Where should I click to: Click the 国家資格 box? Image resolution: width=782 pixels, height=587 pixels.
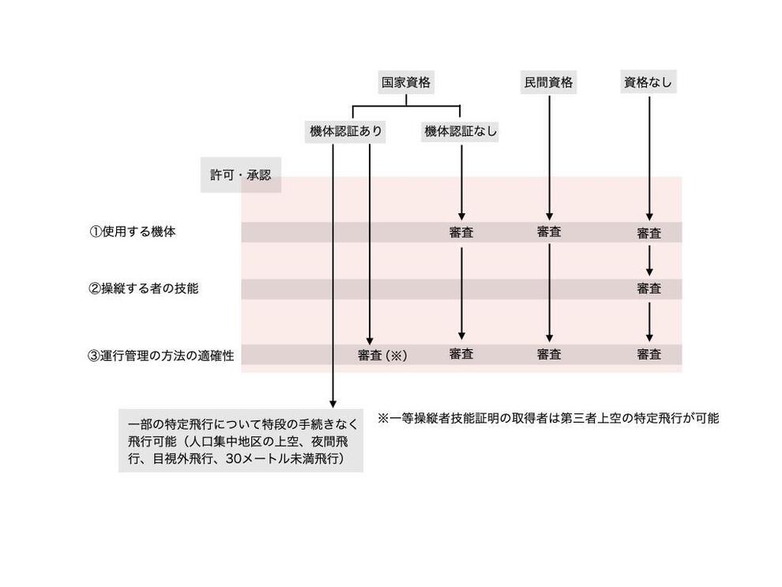(406, 82)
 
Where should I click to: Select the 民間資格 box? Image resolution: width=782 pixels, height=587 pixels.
(549, 82)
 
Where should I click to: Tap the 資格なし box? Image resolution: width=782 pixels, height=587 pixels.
(649, 82)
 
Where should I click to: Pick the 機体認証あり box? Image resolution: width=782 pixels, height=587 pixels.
(345, 131)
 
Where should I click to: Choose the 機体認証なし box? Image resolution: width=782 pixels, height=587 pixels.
(460, 131)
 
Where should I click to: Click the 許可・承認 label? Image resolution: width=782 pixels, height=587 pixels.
(241, 175)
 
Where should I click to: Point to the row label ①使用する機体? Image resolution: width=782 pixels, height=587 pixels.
(133, 232)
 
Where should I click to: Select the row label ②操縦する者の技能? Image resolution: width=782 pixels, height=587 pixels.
(144, 289)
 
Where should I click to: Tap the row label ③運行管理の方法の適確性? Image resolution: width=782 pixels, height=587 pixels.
(161, 356)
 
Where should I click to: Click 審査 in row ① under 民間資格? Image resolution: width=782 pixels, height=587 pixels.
(549, 232)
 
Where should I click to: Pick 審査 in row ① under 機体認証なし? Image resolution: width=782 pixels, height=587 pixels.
(461, 232)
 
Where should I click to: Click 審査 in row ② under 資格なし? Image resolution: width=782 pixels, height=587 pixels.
(649, 289)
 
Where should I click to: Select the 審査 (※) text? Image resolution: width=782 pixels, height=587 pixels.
(382, 356)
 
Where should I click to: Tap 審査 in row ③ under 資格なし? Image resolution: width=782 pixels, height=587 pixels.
(649, 355)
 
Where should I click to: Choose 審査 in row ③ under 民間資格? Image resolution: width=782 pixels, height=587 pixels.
(549, 355)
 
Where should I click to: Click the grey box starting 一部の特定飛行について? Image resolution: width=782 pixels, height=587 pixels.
(241, 441)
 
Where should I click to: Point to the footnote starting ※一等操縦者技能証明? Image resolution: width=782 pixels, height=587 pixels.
(548, 419)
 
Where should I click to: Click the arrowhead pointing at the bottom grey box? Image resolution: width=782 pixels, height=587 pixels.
(333, 404)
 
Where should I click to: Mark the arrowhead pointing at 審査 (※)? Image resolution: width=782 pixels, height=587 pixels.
(370, 341)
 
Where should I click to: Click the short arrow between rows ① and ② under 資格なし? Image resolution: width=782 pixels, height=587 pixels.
(649, 261)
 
